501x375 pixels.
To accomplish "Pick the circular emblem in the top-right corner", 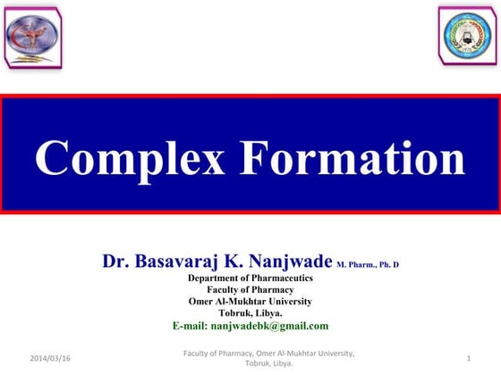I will [x=466, y=36].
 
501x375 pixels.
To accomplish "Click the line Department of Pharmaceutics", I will [x=250, y=279].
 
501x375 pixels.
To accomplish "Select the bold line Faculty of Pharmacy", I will [x=250, y=290].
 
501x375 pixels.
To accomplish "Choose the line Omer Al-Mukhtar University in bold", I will [x=250, y=302].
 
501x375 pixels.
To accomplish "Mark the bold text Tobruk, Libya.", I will [x=250, y=313].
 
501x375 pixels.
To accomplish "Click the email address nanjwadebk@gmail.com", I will [x=276, y=326].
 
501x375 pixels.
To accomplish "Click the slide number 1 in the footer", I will [x=469, y=358].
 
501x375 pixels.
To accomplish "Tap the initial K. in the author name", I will [x=234, y=262].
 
